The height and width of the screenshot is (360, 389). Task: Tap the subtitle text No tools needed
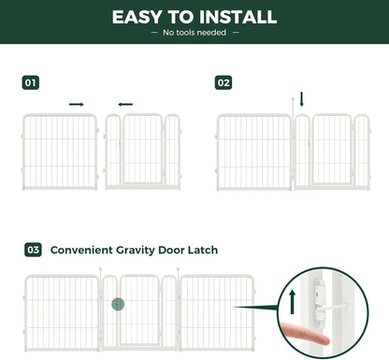194,33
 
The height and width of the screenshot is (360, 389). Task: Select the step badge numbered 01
31,82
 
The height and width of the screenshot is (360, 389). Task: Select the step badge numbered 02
223,82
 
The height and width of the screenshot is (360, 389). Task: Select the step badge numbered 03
34,250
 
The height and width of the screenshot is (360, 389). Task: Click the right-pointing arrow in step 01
77,104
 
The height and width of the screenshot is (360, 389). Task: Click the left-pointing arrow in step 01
125,104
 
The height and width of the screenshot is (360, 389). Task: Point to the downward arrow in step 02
301,98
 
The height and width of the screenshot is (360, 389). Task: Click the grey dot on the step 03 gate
118,304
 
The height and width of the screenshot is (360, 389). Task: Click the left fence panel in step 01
60,151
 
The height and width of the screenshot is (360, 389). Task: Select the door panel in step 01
143,151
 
